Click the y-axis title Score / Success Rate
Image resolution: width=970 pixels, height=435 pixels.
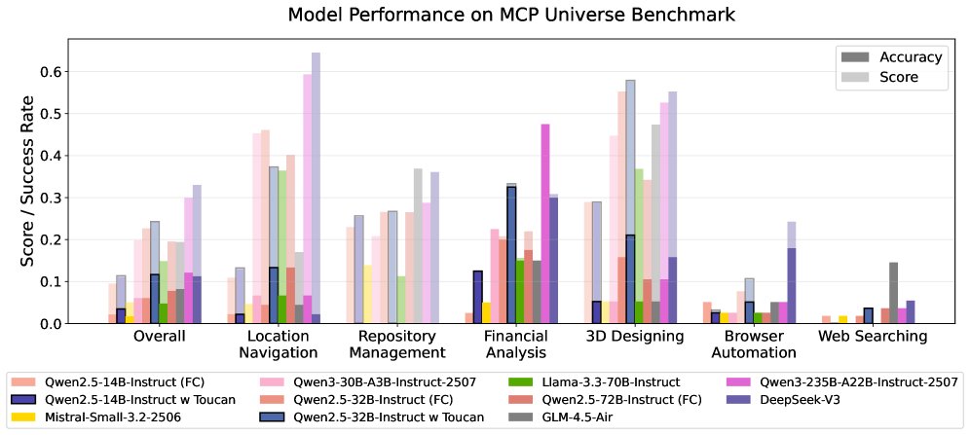(x=29, y=181)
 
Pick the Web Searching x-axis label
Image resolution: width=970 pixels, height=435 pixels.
(x=872, y=336)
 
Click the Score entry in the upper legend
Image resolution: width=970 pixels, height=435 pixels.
(x=899, y=79)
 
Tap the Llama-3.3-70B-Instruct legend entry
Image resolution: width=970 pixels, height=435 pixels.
(x=597, y=381)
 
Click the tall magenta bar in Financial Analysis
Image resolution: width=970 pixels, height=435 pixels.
(x=545, y=224)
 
